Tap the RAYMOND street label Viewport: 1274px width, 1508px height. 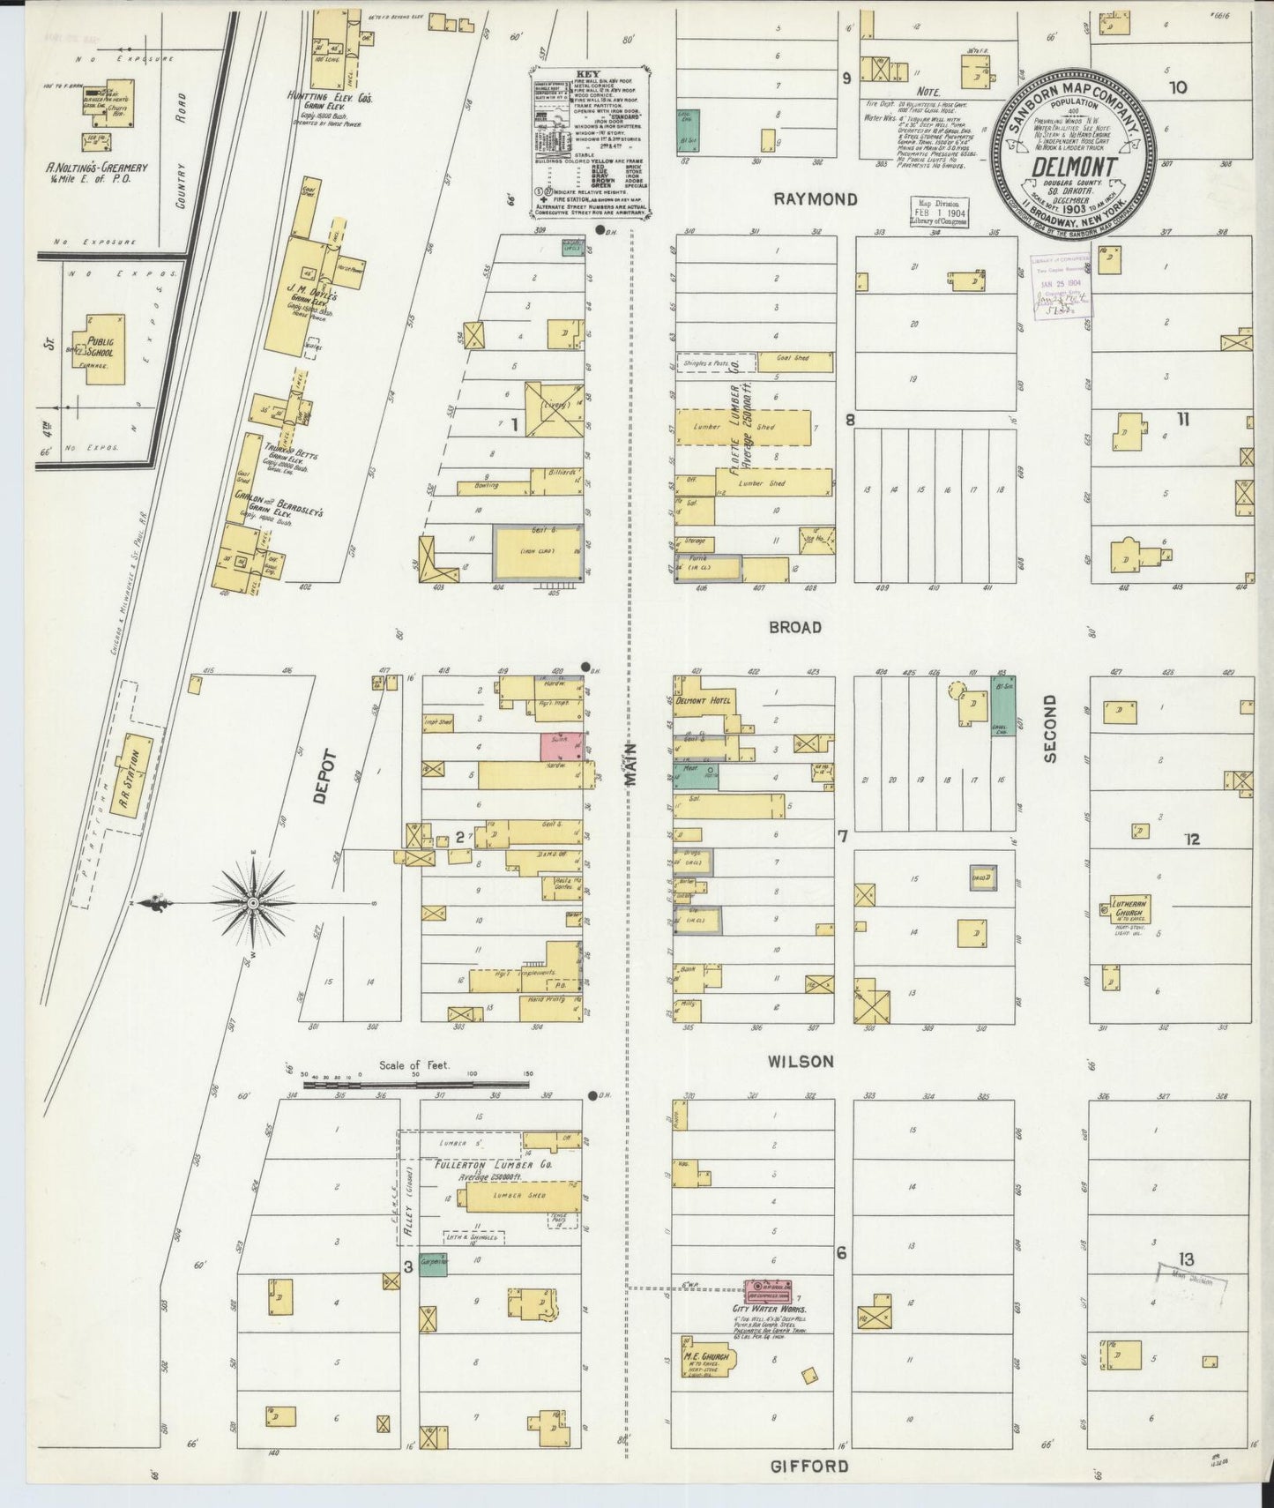tap(815, 199)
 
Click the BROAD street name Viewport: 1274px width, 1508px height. tap(795, 627)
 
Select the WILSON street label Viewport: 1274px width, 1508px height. tap(800, 1062)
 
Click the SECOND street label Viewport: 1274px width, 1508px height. tap(1049, 728)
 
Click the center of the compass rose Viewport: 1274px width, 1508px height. tap(253, 903)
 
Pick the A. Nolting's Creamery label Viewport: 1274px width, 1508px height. tap(97, 167)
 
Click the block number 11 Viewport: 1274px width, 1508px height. tap(1182, 419)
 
